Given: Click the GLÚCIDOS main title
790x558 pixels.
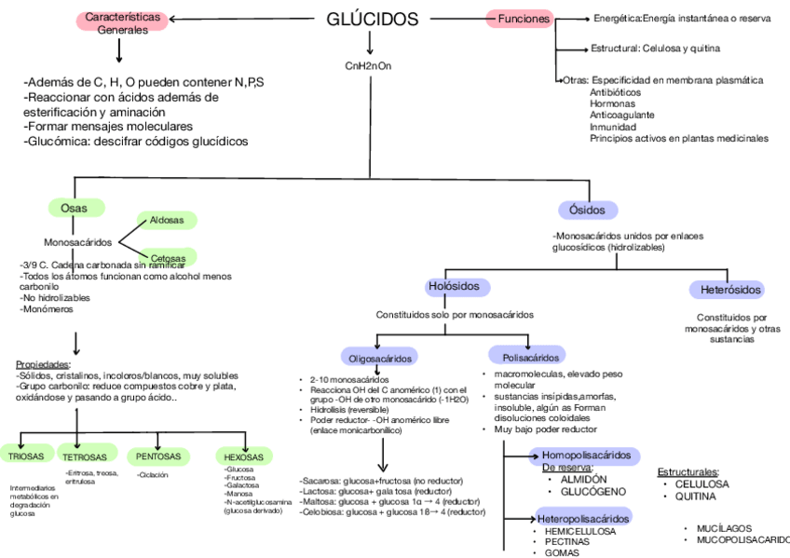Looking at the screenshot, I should pyautogui.click(x=373, y=20).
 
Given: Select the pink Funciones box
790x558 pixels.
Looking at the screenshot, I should pyautogui.click(x=523, y=19).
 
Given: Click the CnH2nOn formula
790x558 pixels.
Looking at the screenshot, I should pyautogui.click(x=369, y=65).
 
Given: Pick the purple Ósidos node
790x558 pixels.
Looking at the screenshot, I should pyautogui.click(x=587, y=209).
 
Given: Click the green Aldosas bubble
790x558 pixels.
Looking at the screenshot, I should pyautogui.click(x=167, y=221).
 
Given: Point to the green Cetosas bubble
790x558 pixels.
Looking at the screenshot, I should pyautogui.click(x=168, y=257).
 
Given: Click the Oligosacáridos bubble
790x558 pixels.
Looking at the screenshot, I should pyautogui.click(x=380, y=357).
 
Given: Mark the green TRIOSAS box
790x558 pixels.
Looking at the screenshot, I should pyautogui.click(x=27, y=456).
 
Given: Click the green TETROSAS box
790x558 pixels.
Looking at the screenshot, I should pyautogui.click(x=86, y=456).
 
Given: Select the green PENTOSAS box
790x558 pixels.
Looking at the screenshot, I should pyautogui.click(x=159, y=456).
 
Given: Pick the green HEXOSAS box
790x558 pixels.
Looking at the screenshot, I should pyautogui.click(x=245, y=456).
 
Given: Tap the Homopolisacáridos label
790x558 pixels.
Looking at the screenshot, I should pyautogui.click(x=587, y=456).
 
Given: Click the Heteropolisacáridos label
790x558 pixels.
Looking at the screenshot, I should pyautogui.click(x=584, y=518).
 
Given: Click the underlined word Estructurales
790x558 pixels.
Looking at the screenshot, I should pyautogui.click(x=688, y=472).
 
